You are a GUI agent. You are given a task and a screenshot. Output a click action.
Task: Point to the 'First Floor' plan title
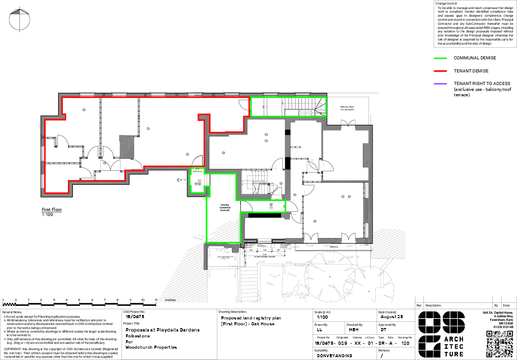(52, 210)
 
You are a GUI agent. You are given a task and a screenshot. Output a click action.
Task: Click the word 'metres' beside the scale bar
(171, 300)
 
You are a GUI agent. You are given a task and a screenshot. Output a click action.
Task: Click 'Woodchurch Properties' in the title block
(151, 347)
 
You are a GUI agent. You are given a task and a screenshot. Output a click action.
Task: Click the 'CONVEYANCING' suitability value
(335, 355)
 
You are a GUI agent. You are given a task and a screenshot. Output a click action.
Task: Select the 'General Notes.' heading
(12, 312)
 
